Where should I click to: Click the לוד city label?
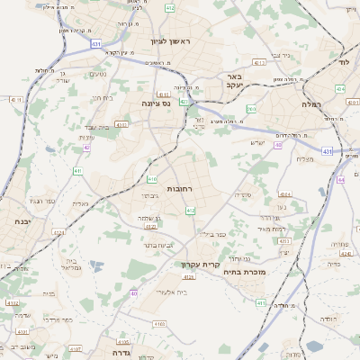pyautogui.click(x=344, y=62)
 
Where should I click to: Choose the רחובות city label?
pyautogui.click(x=180, y=188)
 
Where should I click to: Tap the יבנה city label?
pyautogui.click(x=17, y=220)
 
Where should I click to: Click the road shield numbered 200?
pyautogui.click(x=251, y=109)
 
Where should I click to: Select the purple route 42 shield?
pyautogui.click(x=87, y=148)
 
